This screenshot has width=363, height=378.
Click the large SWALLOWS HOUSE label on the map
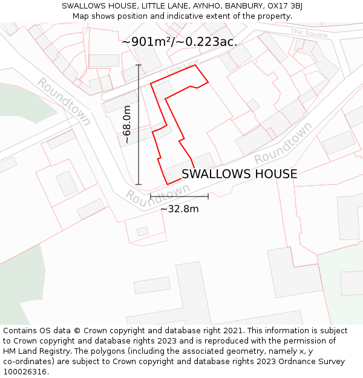click(239, 174)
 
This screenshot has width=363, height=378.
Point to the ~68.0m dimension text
click(127, 125)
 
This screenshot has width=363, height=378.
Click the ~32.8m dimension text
click(179, 209)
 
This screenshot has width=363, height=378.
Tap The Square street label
click(309, 33)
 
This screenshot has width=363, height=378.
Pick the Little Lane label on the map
click(182, 67)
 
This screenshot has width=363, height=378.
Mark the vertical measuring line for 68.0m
click(139, 125)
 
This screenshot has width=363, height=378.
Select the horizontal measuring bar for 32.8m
click(179, 197)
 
